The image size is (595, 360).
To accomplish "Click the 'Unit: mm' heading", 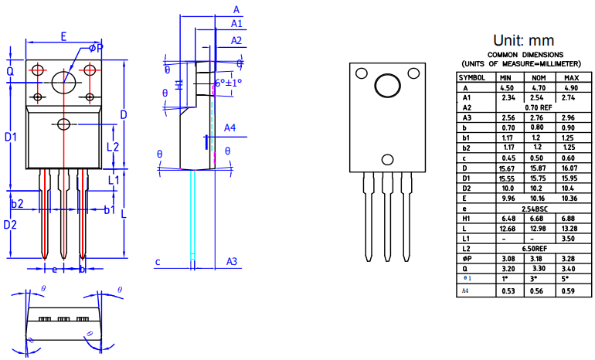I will (523, 40).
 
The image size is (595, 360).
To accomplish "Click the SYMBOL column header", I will (472, 78).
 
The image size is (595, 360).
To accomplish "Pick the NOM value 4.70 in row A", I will (539, 88).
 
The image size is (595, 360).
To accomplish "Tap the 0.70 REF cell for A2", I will (539, 107).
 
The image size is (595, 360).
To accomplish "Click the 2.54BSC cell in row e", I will (539, 209).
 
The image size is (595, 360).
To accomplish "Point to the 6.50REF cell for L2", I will (539, 249).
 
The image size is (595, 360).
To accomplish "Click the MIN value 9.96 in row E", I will (507, 199).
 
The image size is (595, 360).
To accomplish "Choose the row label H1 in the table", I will (467, 219).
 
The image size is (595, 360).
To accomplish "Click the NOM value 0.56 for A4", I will (539, 290).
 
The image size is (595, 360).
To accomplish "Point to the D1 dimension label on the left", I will (11, 137).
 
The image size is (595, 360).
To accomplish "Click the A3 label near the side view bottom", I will (231, 261).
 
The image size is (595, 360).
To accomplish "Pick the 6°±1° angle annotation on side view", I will (228, 82).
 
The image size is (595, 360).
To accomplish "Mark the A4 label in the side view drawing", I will (230, 127).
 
